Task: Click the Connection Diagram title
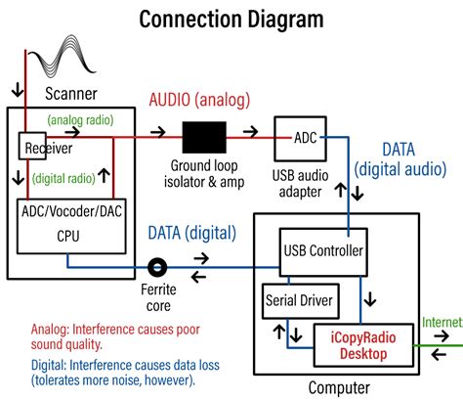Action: point(231,18)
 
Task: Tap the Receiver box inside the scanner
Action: point(38,148)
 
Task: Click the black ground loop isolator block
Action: point(203,137)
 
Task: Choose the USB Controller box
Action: point(322,250)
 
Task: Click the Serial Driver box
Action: point(297,301)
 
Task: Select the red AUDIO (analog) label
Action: point(198,100)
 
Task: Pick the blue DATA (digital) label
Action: point(191,233)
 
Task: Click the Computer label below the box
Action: point(341,388)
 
